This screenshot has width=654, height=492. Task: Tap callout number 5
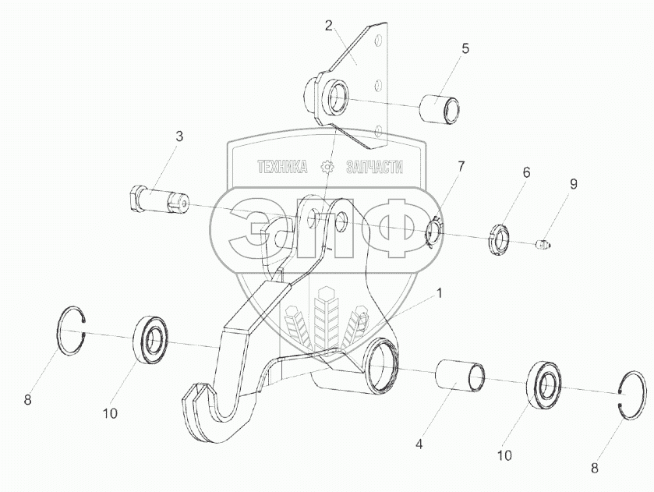465,48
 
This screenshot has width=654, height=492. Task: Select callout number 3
179,136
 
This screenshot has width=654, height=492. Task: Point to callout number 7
461,167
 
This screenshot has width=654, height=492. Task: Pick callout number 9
573,185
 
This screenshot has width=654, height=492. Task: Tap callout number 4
419,445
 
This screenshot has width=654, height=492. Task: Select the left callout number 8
28,400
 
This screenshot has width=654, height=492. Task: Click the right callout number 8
596,469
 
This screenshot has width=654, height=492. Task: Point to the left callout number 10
110,413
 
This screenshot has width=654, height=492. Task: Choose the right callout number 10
505,454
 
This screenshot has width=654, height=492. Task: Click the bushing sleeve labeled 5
440,108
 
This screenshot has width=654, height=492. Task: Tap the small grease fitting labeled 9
543,246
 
